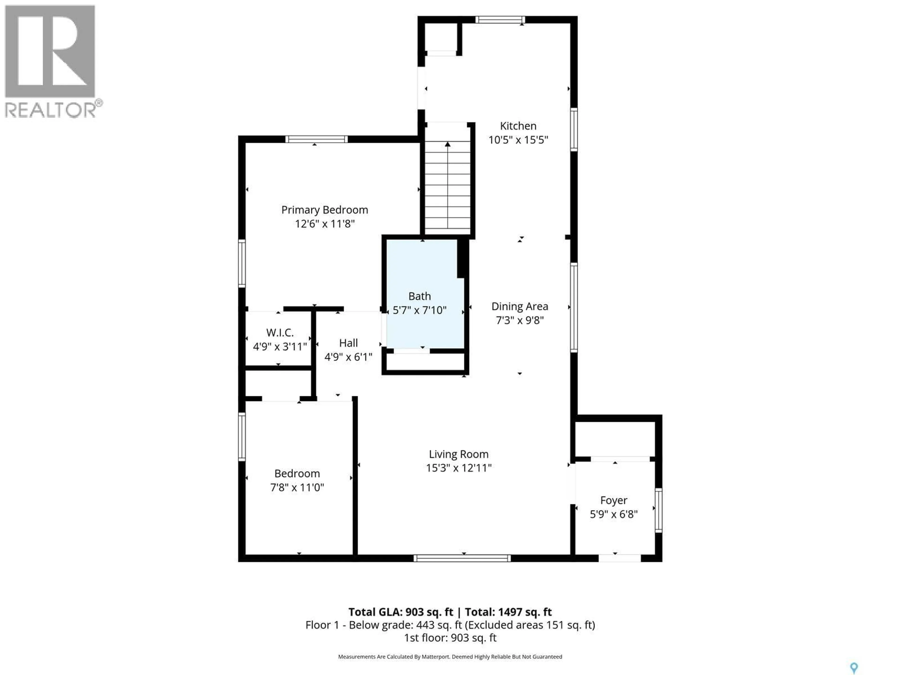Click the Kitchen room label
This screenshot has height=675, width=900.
click(518, 126)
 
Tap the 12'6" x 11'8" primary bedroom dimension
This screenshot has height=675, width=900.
click(325, 224)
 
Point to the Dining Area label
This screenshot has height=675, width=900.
click(520, 306)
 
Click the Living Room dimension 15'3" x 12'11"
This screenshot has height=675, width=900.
click(458, 468)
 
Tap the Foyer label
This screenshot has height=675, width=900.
click(614, 500)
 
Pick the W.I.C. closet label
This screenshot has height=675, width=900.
click(280, 333)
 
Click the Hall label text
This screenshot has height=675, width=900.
click(348, 343)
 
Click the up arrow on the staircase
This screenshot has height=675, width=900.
click(448, 144)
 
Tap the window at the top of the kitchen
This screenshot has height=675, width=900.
click(500, 19)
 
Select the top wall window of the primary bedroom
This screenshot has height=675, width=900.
click(316, 139)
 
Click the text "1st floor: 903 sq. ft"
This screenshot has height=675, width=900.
click(450, 637)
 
